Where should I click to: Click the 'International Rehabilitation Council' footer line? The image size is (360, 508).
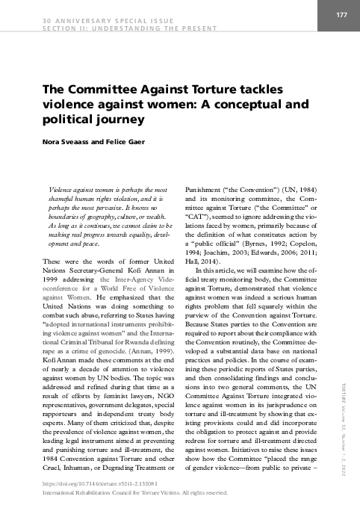pyautogui.click(x=134, y=492)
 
